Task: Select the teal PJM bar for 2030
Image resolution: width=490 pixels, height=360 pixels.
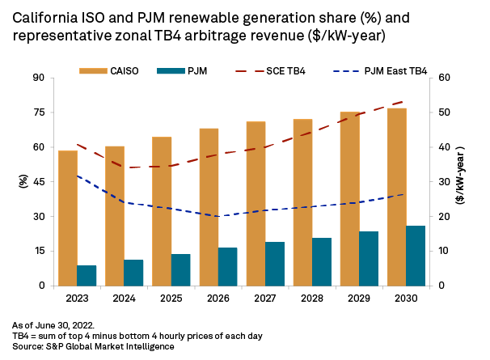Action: coord(416,256)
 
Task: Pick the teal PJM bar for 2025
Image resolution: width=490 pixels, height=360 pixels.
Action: coord(180,269)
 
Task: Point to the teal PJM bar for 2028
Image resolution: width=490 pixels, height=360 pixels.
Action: coord(322,261)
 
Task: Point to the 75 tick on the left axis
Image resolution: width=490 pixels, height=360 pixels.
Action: coord(38,112)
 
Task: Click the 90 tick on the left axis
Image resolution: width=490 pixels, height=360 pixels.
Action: coord(38,78)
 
